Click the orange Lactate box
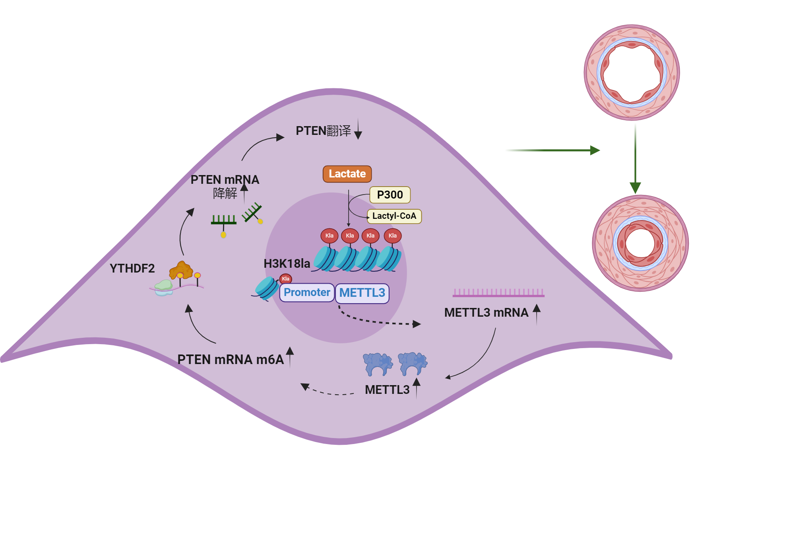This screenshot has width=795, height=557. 347,174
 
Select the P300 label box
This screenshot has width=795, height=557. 390,195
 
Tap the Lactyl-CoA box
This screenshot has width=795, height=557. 394,216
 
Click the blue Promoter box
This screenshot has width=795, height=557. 306,292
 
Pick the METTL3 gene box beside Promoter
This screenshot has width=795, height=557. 362,293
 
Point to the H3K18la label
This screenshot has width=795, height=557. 287,263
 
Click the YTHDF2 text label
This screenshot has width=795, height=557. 132,269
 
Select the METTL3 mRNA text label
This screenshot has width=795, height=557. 486,313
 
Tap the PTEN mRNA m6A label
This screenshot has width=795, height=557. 231,360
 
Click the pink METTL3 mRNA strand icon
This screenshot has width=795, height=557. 498,293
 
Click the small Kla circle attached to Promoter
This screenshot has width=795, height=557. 285,279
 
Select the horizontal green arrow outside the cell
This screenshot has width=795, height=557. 556,150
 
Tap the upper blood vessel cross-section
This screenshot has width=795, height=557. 632,72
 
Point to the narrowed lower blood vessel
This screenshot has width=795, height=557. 640,243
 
